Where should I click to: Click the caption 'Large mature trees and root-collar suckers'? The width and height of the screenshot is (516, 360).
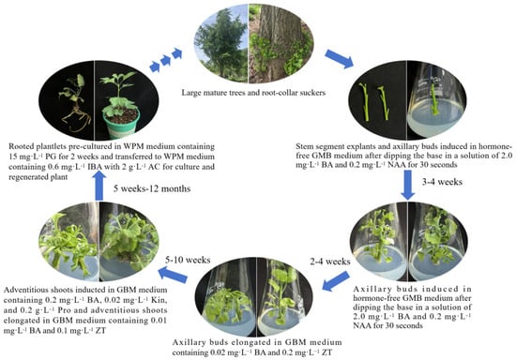pos(253,93)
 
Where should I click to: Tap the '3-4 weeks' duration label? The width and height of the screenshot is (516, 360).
pos(442,182)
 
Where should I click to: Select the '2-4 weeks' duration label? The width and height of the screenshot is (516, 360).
pos(330,262)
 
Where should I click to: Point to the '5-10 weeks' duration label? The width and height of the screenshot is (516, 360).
pos(188,260)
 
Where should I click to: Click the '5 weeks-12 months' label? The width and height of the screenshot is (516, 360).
pos(152,188)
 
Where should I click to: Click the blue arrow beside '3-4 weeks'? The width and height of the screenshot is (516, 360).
pos(408,185)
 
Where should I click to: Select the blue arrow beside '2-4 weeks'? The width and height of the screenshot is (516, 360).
pos(336,281)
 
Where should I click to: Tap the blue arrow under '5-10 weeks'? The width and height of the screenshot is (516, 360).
pos(173,275)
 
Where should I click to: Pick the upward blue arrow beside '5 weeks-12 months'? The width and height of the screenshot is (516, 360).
pos(99,186)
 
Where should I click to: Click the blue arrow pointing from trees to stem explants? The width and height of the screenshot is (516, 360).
pos(340,59)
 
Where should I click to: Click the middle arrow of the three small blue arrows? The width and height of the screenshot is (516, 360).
pos(165,60)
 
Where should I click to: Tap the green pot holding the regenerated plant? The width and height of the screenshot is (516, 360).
pos(122,124)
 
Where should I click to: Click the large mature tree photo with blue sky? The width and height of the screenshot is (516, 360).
pos(222,43)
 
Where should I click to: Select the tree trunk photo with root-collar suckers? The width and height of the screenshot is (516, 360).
pos(281,44)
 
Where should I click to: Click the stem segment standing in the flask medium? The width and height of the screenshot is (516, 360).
pos(435,98)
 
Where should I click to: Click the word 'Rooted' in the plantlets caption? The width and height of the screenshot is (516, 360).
pos(21,146)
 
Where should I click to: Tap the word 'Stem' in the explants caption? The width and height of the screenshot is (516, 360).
pos(303,146)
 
